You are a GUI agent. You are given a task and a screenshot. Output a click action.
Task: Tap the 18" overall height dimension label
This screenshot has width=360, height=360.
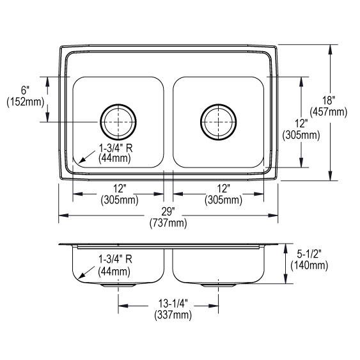click(x=328, y=100)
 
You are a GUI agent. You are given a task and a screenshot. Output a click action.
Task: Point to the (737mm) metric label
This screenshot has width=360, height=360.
click(x=168, y=223)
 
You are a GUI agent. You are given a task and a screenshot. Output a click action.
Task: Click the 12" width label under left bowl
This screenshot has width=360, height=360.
click(x=118, y=189)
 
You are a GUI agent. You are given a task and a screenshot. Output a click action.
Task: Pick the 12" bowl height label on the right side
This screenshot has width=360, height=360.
click(x=301, y=123)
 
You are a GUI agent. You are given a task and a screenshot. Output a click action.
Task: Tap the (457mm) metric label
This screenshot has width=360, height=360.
click(x=328, y=111)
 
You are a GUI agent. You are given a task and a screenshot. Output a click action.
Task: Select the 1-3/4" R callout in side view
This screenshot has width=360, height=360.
click(x=115, y=260)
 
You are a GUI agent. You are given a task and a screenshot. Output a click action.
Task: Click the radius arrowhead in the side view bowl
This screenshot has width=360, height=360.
click(x=78, y=277)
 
